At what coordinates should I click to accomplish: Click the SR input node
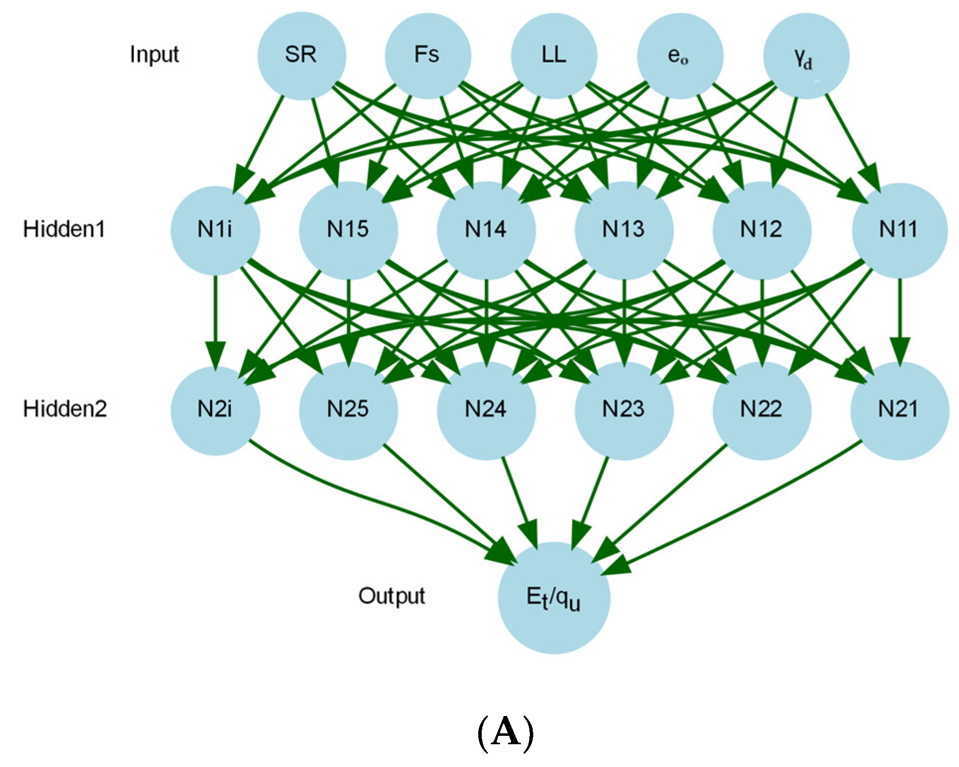[x=301, y=55]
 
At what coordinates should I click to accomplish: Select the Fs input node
[x=427, y=55]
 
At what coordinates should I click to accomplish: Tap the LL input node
[x=554, y=55]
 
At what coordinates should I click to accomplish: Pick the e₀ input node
[x=679, y=55]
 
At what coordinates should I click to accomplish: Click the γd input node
[x=806, y=55]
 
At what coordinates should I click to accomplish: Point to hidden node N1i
[x=215, y=230]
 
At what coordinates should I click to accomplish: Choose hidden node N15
[x=348, y=230]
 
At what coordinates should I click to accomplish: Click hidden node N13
[x=623, y=230]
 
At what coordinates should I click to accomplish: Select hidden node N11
[x=899, y=230]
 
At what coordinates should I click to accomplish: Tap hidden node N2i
[x=215, y=410]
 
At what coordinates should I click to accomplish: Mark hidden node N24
[x=486, y=410]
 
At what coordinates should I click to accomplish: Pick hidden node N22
[x=761, y=410]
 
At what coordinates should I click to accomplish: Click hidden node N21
[x=899, y=410]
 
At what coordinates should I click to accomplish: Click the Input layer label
[x=154, y=54]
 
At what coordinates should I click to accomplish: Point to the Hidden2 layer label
[x=65, y=409]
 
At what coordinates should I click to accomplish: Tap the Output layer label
[x=392, y=596]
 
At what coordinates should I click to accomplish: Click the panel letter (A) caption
[x=506, y=733]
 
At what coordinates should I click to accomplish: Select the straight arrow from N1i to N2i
[x=215, y=322]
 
